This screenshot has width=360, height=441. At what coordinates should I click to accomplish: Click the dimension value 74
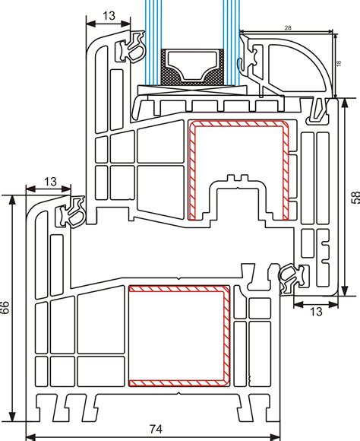156,430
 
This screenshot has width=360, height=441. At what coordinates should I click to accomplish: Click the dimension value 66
5,307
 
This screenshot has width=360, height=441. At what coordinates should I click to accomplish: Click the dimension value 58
355,197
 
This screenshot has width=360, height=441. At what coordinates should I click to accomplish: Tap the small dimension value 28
288,27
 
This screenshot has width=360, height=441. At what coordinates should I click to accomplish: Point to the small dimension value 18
339,63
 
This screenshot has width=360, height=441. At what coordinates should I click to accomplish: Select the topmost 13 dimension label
109,16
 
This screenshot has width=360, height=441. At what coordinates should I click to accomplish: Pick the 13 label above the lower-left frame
50,182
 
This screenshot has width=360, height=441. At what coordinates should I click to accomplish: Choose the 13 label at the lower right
316,312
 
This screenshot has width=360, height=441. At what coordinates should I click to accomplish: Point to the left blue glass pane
153,42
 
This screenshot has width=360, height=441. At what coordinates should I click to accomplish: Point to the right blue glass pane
232,42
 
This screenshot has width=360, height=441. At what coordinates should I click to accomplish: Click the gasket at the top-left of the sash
131,47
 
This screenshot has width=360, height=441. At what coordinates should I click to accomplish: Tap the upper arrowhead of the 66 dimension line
12,200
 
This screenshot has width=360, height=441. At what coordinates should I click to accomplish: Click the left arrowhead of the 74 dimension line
30,437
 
